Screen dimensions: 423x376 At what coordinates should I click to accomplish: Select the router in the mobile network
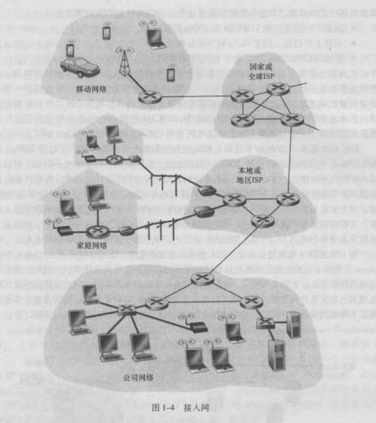tap(148, 97)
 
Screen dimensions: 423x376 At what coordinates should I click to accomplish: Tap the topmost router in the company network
tap(202, 279)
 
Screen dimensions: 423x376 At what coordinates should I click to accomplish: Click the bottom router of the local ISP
tap(262, 220)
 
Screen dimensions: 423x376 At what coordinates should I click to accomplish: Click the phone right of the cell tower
tap(170, 75)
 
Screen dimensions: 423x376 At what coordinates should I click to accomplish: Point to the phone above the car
tap(71, 49)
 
